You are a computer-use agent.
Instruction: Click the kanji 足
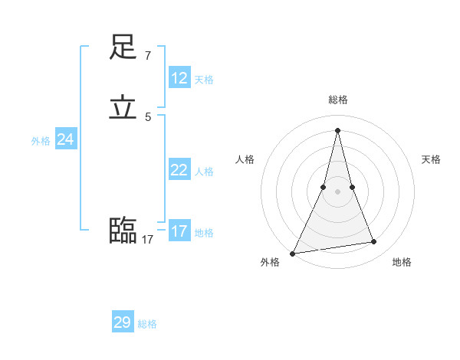tap(123, 47)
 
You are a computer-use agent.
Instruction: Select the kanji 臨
tap(123, 230)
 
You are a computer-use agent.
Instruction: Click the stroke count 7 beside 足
tap(147, 56)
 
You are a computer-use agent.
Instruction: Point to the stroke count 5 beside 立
tap(147, 117)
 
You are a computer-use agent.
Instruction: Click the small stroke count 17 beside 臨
tap(147, 240)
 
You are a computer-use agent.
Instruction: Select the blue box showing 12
tap(179, 78)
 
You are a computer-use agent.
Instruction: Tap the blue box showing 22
tap(179, 170)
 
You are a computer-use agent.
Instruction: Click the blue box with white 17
tap(179, 231)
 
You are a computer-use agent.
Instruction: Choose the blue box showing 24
tap(65, 139)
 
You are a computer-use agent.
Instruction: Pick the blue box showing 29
tap(123, 322)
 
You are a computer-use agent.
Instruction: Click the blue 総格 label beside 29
tap(147, 325)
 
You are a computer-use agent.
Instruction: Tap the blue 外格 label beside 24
tap(41, 141)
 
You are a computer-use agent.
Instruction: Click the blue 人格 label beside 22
tap(204, 172)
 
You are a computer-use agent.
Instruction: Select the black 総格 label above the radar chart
tap(338, 100)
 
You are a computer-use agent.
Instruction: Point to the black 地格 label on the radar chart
tap(402, 262)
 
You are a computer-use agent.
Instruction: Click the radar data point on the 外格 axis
tap(293, 254)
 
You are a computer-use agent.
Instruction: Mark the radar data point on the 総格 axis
tap(338, 129)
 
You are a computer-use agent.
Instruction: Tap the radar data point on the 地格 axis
tap(374, 242)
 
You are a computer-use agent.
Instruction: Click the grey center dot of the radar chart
tap(338, 191)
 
